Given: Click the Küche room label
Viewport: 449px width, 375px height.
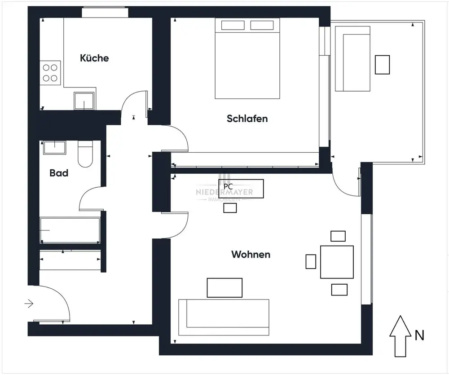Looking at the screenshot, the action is pos(94,58).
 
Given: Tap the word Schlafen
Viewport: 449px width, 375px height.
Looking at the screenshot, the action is pos(247,118).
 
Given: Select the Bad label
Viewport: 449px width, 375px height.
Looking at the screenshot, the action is pos(59,173).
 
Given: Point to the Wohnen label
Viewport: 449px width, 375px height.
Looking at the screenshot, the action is pos(251,254).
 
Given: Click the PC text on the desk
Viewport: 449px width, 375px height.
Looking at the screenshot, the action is pos(228,186).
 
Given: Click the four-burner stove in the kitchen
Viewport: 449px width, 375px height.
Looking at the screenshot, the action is pos(50,73).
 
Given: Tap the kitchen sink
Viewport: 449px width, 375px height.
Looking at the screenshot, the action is pos(84,101).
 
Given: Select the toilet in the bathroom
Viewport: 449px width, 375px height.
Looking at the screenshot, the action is pos(85,154).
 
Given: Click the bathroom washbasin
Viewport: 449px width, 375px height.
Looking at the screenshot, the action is pos(54,147).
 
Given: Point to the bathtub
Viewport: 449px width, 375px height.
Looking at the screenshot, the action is pos(70,230).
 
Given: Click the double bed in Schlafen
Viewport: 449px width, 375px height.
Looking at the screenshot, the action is pos(247,58).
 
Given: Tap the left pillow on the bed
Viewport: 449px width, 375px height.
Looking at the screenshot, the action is pos(233,25).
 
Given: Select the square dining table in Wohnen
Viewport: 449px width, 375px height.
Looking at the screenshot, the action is pos(337,262).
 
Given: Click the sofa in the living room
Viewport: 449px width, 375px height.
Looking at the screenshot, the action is pos(224,318).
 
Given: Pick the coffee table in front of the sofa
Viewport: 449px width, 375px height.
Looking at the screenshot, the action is pos(224,287).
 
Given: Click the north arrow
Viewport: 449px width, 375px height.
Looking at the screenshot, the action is pos(401,336).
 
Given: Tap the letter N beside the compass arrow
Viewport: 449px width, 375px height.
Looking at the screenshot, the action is pos(419,335).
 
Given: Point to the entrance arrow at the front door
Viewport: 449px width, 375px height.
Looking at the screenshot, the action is pos(29,304).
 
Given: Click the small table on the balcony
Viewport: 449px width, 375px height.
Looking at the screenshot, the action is pos(382,65).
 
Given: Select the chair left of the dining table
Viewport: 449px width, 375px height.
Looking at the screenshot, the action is pos(311,261).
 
